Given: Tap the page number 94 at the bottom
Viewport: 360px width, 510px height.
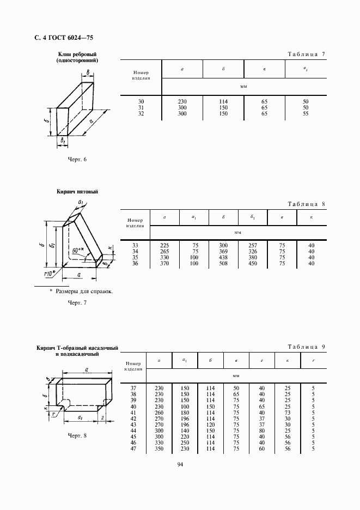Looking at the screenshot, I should (x=180, y=464).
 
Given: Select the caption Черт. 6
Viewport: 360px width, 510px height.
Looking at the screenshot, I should (x=77, y=159).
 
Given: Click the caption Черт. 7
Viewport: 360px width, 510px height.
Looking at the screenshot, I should (x=77, y=302).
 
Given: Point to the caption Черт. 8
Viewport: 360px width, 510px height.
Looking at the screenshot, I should (x=77, y=435).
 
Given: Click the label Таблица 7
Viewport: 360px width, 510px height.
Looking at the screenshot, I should (x=306, y=54).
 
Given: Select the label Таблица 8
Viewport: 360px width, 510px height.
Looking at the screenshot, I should (x=306, y=204).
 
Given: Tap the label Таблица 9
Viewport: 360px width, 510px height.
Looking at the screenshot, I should (x=306, y=347).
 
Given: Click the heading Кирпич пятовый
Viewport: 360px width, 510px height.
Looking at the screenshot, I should (x=77, y=192).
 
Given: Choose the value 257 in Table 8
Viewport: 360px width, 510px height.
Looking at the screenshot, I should (x=253, y=246).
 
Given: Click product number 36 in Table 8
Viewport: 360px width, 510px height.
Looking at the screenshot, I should (x=136, y=264).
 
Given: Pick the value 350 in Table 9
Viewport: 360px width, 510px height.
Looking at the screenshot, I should (x=160, y=448).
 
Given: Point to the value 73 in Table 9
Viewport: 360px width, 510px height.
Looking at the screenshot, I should (x=287, y=412).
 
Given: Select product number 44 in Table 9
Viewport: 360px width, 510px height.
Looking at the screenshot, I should (x=133, y=430).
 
